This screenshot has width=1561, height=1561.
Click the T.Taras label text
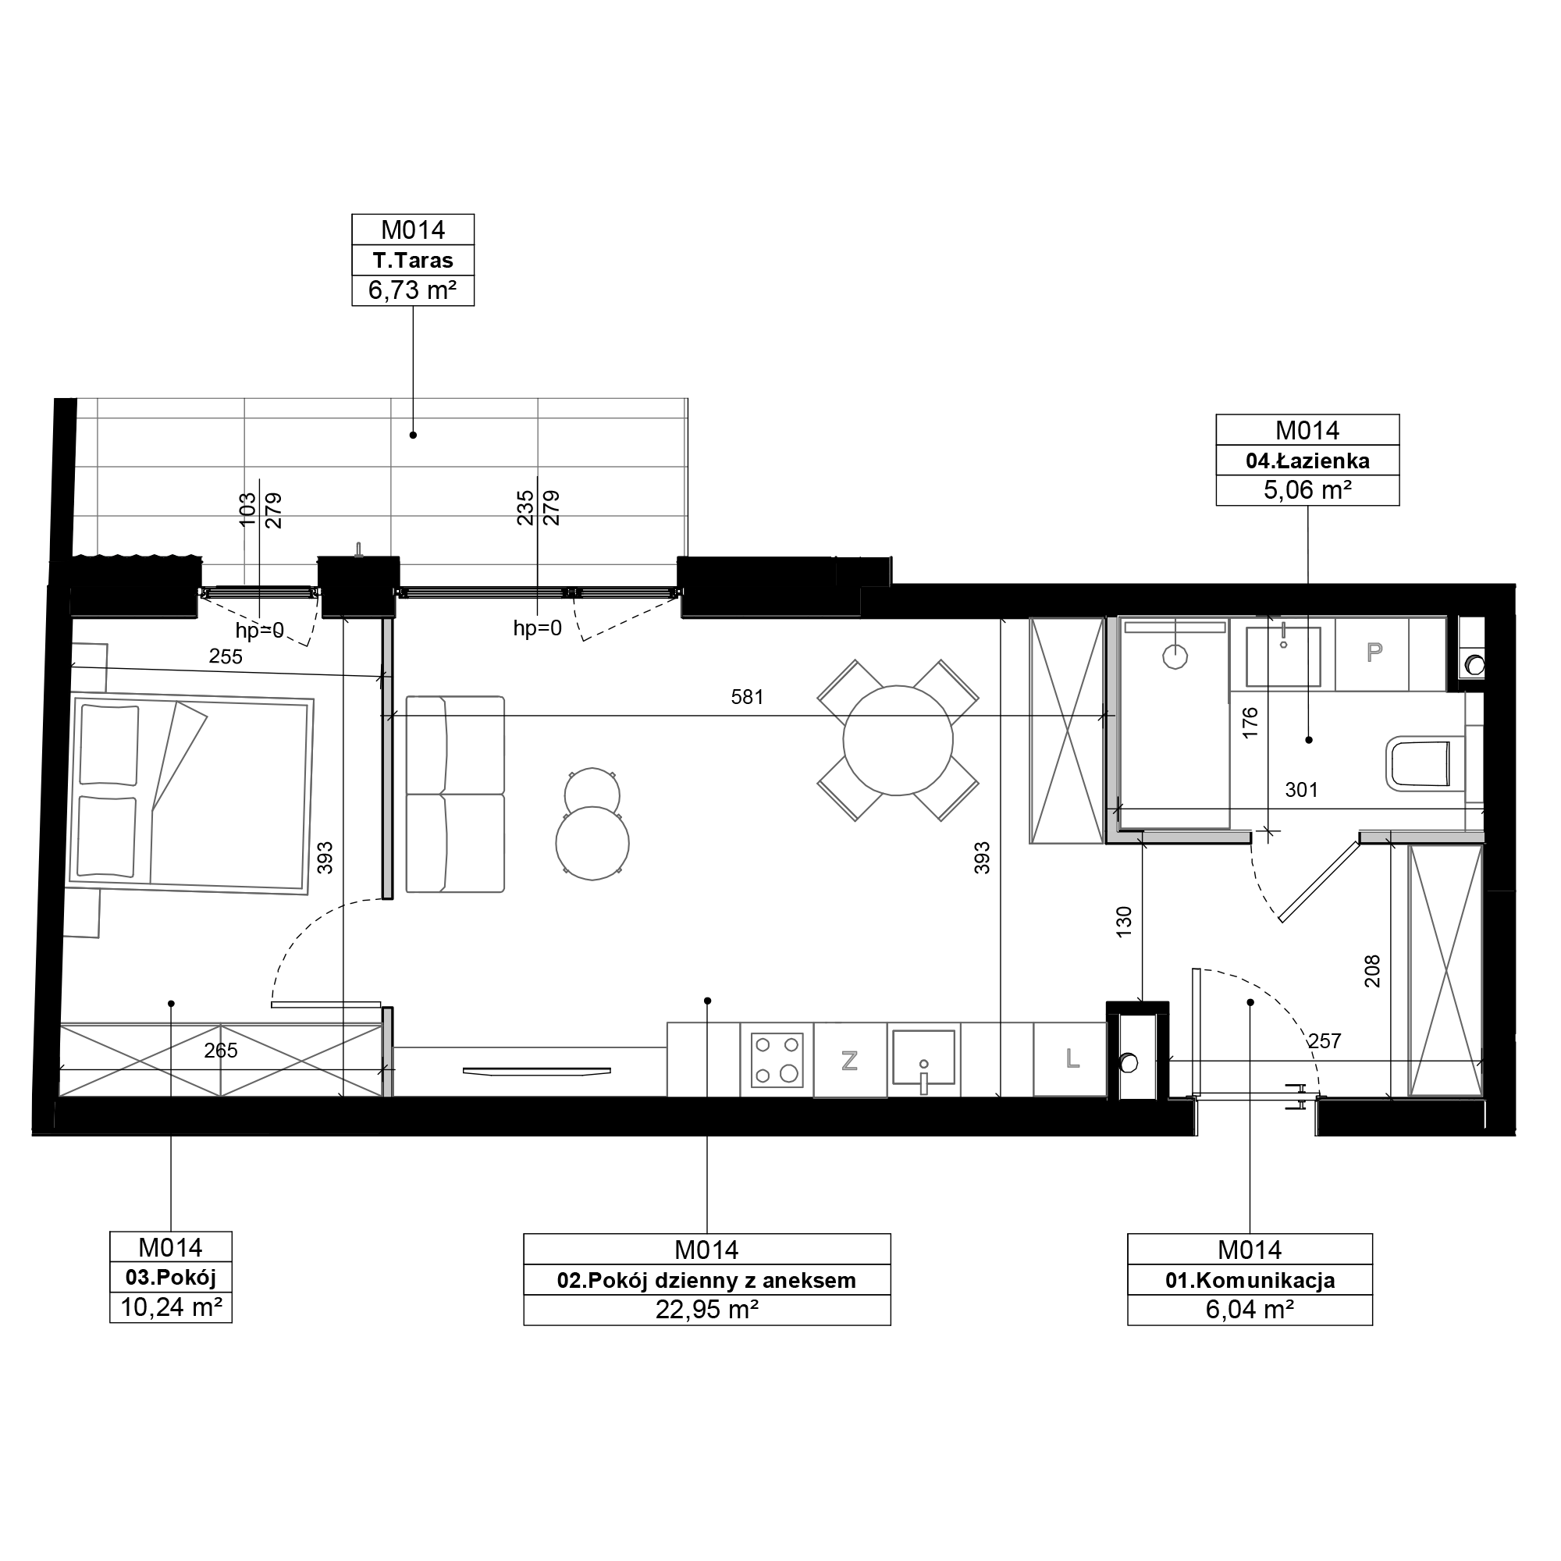[x=413, y=260]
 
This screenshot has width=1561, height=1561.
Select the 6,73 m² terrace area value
[x=413, y=290]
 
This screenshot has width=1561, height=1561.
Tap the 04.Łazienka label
[x=1307, y=460]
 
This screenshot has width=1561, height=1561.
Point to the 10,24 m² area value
[x=171, y=1307]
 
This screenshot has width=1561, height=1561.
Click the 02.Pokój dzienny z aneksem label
[x=706, y=1280]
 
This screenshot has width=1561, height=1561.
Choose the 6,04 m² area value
[x=1250, y=1309]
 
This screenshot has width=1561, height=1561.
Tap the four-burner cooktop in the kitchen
[x=777, y=1059]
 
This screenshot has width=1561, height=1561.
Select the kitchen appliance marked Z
[x=850, y=1060]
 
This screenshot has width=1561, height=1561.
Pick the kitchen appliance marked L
[x=1071, y=1059]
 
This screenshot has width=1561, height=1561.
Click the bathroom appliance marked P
[x=1373, y=652]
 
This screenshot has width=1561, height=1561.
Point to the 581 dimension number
[x=748, y=696]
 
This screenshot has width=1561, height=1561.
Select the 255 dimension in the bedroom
[x=226, y=657]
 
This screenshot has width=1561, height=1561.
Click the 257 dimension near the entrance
[x=1325, y=1041]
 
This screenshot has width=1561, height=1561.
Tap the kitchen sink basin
[x=923, y=1057]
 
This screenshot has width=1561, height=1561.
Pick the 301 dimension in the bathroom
[x=1302, y=789]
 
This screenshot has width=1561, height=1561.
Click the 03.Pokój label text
[x=171, y=1278]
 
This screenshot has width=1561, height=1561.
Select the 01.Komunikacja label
[x=1250, y=1280]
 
